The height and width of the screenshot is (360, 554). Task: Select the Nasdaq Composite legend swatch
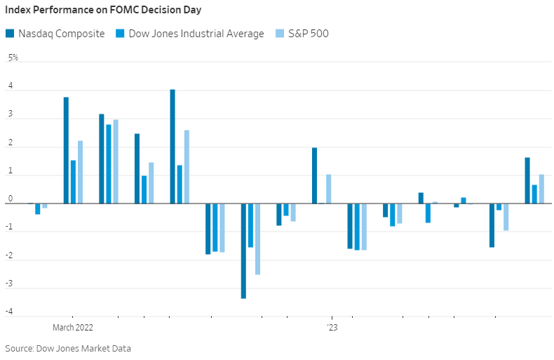coord(9,34)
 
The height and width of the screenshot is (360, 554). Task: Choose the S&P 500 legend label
coord(309,34)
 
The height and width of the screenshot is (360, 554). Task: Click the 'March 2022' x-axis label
coord(72,328)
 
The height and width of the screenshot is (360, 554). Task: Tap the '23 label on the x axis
coord(332,328)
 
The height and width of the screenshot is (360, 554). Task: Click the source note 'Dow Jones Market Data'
coord(83,348)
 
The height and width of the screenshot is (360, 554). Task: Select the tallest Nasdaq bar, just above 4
coord(173,146)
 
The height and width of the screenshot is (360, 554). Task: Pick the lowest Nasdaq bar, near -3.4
coord(243,251)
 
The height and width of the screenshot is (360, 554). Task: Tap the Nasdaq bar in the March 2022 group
coord(66,150)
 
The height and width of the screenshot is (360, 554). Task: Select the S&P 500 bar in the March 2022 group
coord(80,172)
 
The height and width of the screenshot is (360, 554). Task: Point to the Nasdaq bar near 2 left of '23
coord(314,175)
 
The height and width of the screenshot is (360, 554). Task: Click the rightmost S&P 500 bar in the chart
coord(541,189)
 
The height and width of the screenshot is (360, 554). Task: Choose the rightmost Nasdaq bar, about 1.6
coord(527,180)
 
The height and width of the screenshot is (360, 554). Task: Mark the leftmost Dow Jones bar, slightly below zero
coord(37,208)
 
